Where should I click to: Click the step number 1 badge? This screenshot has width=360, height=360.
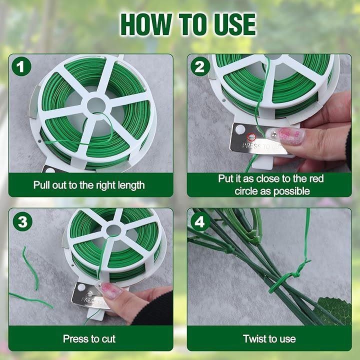pos(21,66)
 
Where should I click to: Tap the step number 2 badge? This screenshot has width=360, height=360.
pos(200,66)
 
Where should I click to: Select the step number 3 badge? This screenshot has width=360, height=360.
pos(22,221)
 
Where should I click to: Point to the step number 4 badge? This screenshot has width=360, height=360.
pos(200,221)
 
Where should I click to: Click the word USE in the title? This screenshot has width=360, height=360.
pos(234,24)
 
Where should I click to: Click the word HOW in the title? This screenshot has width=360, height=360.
pos(146,24)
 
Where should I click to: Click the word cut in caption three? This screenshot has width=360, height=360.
pos(108,339)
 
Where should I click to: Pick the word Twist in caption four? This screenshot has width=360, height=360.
pos(253,338)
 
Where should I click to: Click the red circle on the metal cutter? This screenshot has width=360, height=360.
pos(251,137)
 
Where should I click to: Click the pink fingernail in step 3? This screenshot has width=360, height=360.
pos(111,290)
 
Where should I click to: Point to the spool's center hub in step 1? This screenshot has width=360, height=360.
pos(96,106)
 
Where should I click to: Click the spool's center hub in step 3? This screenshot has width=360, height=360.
pos(113,230)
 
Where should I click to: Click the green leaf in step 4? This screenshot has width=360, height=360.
pos(335,310)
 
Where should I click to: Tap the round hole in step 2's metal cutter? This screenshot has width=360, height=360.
pos(240,129)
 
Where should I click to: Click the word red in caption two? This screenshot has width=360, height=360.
pos(316,178)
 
